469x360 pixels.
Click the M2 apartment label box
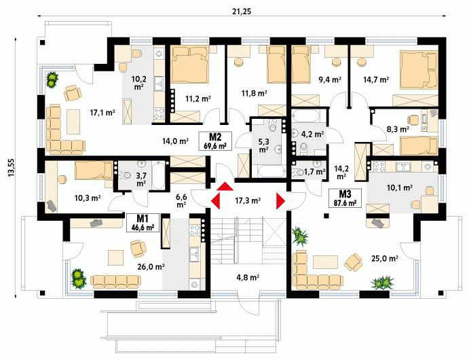[215, 141]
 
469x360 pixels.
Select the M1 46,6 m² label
[143, 222]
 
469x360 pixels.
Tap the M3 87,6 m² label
[345, 198]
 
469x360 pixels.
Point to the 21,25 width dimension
[242, 12]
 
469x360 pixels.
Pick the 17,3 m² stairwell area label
[248, 200]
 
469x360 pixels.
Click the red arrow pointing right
[280, 201]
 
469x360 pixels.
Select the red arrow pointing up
[225, 186]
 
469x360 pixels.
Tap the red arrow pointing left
[215, 201]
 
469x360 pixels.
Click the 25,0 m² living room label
[384, 258]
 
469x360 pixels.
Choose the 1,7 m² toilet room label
[314, 172]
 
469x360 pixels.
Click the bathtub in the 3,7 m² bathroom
[158, 175]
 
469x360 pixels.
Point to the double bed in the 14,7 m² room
[419, 70]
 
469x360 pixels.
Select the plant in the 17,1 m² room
[52, 79]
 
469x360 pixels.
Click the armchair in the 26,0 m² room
[138, 249]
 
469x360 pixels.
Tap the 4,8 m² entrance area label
[248, 277]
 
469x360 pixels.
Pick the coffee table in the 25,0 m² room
[325, 262]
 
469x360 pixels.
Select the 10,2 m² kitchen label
[138, 83]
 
